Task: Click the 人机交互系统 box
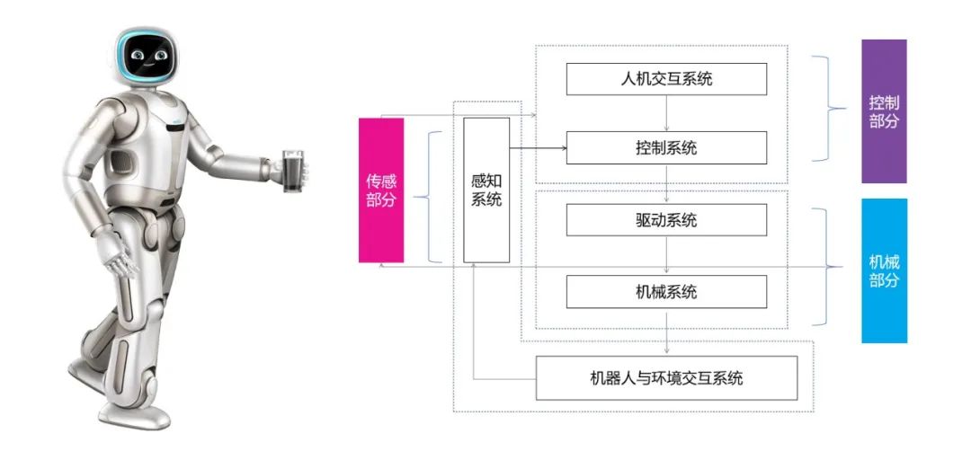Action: pyautogui.click(x=666, y=79)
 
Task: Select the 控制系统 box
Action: pyautogui.click(x=666, y=147)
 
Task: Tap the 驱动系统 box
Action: pyautogui.click(x=666, y=220)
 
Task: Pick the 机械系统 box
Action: pyautogui.click(x=666, y=292)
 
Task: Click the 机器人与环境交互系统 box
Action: pyautogui.click(x=666, y=378)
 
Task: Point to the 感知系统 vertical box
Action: pyautogui.click(x=486, y=190)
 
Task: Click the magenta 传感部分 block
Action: pyautogui.click(x=381, y=190)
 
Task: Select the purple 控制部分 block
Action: pyautogui.click(x=884, y=111)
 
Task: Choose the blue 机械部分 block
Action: pyautogui.click(x=884, y=270)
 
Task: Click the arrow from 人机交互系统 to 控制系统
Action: pyautogui.click(x=666, y=113)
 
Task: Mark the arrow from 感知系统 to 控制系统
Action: pyautogui.click(x=538, y=148)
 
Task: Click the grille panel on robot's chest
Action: pyautogui.click(x=122, y=163)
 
